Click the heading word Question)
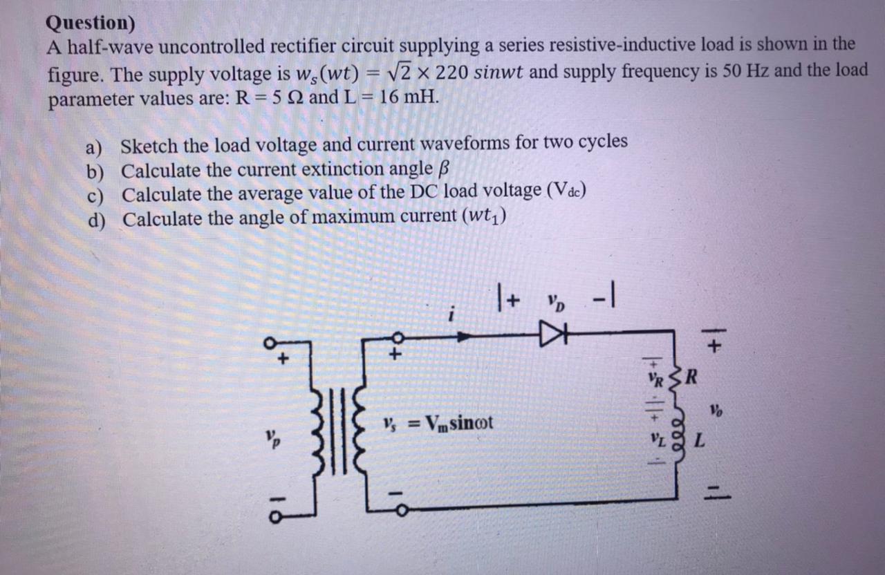click(90, 23)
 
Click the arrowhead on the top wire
click(465, 337)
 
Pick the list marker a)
click(93, 147)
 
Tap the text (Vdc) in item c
click(566, 191)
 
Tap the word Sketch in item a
click(149, 146)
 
